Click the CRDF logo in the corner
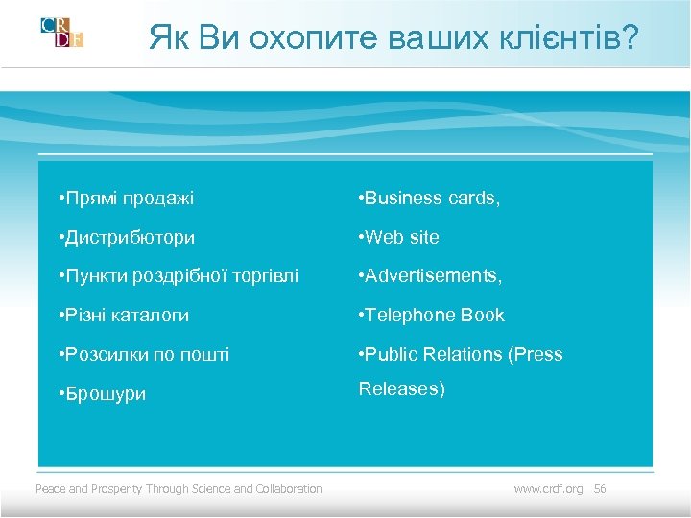62,32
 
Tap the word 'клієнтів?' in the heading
575,38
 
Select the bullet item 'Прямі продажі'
126,199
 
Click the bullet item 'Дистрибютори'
127,237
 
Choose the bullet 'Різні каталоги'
124,315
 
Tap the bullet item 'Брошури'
102,394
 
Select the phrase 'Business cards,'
428,199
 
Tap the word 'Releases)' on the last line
401,389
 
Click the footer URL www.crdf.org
548,489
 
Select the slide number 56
600,489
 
